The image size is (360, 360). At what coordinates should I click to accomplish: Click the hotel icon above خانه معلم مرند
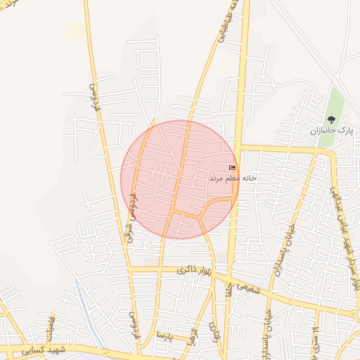pyautogui.click(x=233, y=167)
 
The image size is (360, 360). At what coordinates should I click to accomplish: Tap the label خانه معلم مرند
pyautogui.click(x=233, y=179)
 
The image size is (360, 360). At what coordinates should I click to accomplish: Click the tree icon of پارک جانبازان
pyautogui.click(x=331, y=120)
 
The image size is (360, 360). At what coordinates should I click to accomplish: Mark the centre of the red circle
pyautogui.click(x=179, y=179)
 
